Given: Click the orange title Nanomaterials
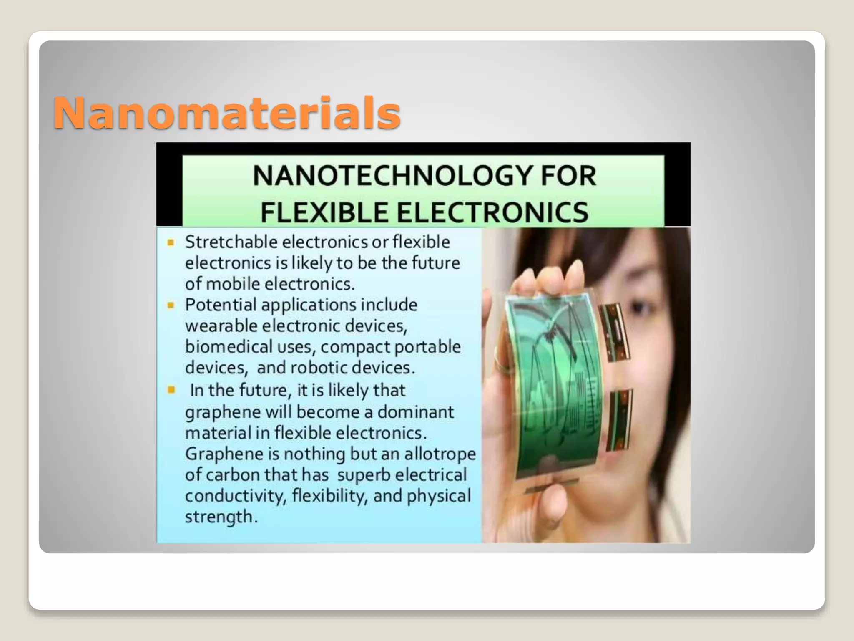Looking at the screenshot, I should (x=227, y=113).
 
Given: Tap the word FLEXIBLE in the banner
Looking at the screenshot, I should (x=324, y=212).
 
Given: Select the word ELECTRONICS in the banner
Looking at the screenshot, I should (x=492, y=212).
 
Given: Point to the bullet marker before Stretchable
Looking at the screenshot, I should (x=171, y=242).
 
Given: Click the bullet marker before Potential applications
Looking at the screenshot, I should (x=171, y=305).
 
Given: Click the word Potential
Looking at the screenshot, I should (x=221, y=305).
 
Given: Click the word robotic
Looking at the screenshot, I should (x=318, y=368).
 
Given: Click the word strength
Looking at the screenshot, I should (x=219, y=517).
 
